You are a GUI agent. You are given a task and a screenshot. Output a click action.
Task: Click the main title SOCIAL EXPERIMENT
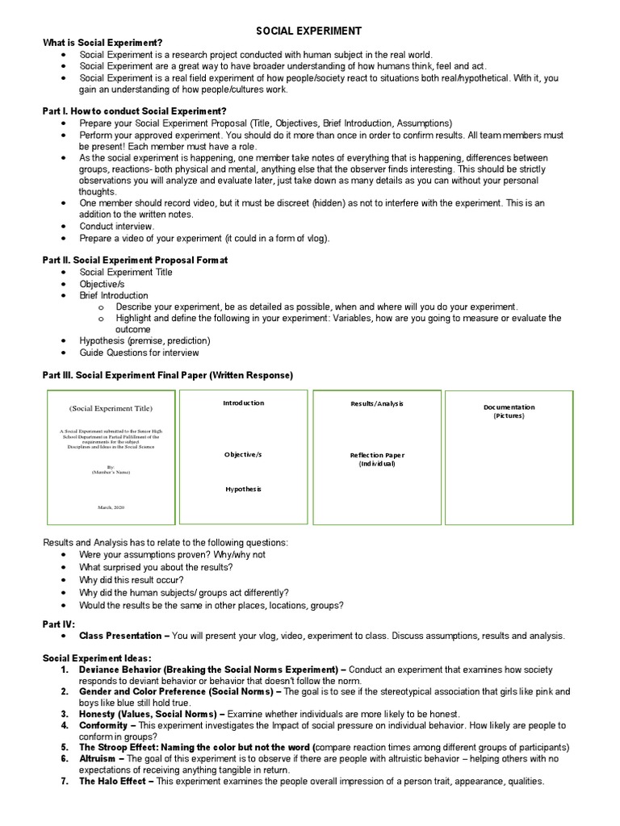[x=309, y=31]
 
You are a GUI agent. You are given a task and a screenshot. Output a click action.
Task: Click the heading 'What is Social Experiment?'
[x=103, y=43]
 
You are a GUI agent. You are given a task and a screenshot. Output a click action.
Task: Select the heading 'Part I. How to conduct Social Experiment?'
[x=134, y=111]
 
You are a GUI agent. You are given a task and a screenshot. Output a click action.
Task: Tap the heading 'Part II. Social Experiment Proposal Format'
[x=135, y=260]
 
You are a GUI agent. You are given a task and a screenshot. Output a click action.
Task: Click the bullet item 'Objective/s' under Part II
[x=102, y=284]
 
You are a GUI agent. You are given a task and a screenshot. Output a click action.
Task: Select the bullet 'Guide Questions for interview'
[x=139, y=353]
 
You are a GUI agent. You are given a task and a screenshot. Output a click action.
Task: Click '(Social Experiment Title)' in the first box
[x=110, y=408]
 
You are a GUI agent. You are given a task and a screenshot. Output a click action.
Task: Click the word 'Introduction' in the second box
[x=243, y=403]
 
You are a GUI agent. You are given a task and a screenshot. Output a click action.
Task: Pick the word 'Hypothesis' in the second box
[x=243, y=489]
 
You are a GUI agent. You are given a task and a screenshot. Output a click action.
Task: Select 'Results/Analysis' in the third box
[x=376, y=403]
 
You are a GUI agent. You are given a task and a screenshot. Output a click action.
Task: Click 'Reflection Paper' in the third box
[x=376, y=455]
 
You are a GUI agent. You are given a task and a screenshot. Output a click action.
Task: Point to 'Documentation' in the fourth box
[x=509, y=407]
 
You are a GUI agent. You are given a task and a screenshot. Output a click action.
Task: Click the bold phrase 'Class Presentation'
[x=120, y=636]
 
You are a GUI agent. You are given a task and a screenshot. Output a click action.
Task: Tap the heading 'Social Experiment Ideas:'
[x=97, y=658]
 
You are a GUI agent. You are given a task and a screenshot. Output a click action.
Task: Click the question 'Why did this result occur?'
[x=131, y=580]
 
